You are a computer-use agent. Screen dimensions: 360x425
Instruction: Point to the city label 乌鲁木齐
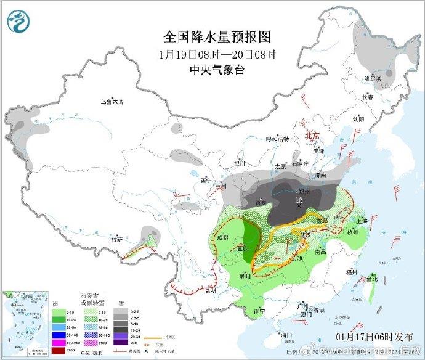pyautogui.click(x=113, y=102)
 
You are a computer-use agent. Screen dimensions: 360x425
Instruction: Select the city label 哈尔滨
pyautogui.click(x=373, y=78)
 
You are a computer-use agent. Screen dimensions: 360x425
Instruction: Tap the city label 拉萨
pyautogui.click(x=117, y=238)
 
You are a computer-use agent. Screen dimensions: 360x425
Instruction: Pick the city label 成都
pyautogui.click(x=222, y=237)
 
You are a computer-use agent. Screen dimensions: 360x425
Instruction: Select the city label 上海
pyautogui.click(x=362, y=221)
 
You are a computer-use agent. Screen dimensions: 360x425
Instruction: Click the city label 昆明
pyautogui.click(x=211, y=289)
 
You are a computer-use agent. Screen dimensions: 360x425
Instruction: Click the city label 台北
pyautogui.click(x=372, y=279)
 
